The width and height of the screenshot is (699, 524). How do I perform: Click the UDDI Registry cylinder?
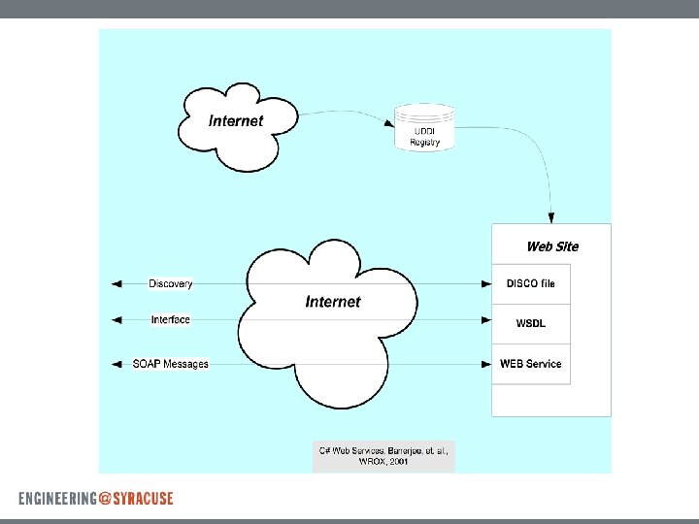[x=424, y=128]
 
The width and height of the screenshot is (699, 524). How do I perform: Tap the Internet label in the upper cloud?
[x=236, y=121]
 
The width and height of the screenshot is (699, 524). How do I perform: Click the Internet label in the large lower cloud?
[x=332, y=302]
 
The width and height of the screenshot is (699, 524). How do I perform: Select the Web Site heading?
[x=551, y=246]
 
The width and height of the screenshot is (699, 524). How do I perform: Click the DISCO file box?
[x=530, y=283]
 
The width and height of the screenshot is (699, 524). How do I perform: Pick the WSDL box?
[x=530, y=323]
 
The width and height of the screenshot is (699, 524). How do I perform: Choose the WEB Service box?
[x=530, y=364]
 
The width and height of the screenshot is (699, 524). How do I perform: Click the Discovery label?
[x=171, y=283]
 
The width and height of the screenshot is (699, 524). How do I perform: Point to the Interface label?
[x=171, y=319]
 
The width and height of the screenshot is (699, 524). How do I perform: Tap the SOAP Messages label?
[x=171, y=364]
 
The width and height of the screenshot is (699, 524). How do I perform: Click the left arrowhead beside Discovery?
[x=116, y=283]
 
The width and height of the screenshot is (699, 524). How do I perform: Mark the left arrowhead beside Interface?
[x=116, y=319]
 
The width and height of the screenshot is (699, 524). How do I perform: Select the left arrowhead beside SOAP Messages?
[x=116, y=364]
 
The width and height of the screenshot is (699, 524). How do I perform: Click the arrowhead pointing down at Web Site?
[x=551, y=217]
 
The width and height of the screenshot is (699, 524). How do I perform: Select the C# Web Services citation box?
[x=383, y=456]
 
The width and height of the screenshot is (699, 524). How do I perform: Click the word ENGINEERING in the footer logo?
[x=56, y=499]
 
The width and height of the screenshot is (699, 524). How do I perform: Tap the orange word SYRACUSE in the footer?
[x=143, y=499]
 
